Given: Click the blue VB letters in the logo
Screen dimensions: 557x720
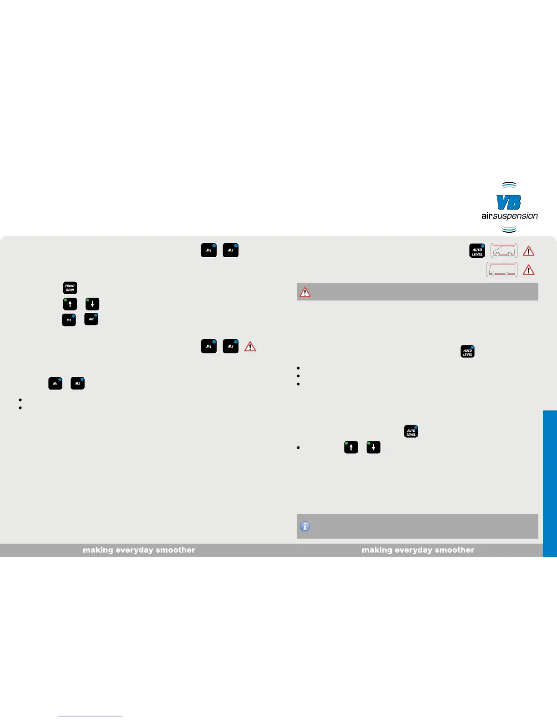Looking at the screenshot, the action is pos(509,202).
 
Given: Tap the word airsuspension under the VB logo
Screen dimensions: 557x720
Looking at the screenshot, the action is pos(510,216).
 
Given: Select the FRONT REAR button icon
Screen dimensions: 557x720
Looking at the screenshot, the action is pos(70,288).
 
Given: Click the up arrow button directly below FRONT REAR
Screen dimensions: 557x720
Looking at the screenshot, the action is pos(70,304).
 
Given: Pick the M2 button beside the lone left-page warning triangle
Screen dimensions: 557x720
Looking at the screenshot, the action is pos(231,346).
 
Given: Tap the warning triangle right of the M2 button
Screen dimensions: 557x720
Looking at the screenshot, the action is pos(250,347).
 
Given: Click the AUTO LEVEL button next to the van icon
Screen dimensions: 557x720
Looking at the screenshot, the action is pos(477,251).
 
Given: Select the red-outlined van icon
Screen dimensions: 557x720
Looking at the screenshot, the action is pos(504,251).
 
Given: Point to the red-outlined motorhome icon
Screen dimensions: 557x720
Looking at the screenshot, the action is pos(501,270).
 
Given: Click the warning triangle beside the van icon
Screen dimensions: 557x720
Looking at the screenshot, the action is pos(528,251).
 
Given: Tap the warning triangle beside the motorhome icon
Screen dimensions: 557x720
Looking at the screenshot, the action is pos(528,270).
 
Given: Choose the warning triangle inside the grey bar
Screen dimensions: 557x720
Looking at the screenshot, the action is pos(305,292).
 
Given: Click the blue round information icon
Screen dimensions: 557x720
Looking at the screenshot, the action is pos(305,526).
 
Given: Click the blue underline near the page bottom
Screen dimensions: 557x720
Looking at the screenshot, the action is pos(90,716).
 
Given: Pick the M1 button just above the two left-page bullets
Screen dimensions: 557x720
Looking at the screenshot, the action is pos(55,384).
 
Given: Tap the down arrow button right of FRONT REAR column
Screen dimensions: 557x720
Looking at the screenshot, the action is pos(92,304).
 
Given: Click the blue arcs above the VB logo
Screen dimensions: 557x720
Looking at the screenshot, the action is pos(509,185).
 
